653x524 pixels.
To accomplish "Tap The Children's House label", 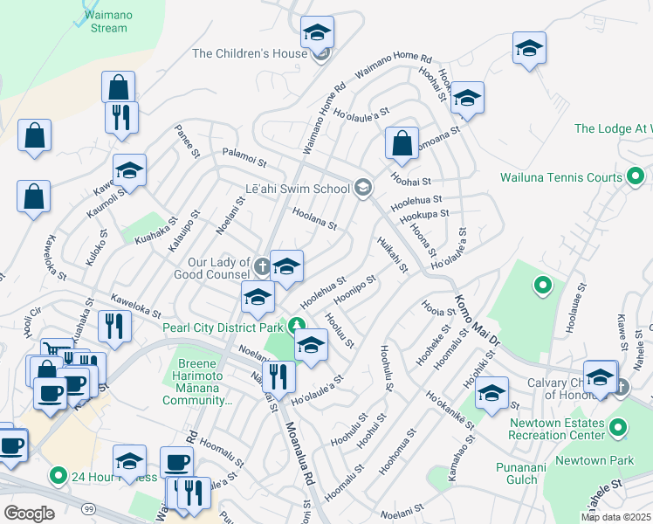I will [x=250, y=53].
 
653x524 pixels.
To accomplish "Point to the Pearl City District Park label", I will [x=223, y=327].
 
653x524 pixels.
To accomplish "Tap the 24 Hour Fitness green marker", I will [x=58, y=476].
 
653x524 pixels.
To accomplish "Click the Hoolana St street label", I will [x=314, y=218].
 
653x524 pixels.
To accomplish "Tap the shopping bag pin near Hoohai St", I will [x=401, y=145].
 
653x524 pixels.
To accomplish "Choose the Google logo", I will [x=29, y=513].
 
